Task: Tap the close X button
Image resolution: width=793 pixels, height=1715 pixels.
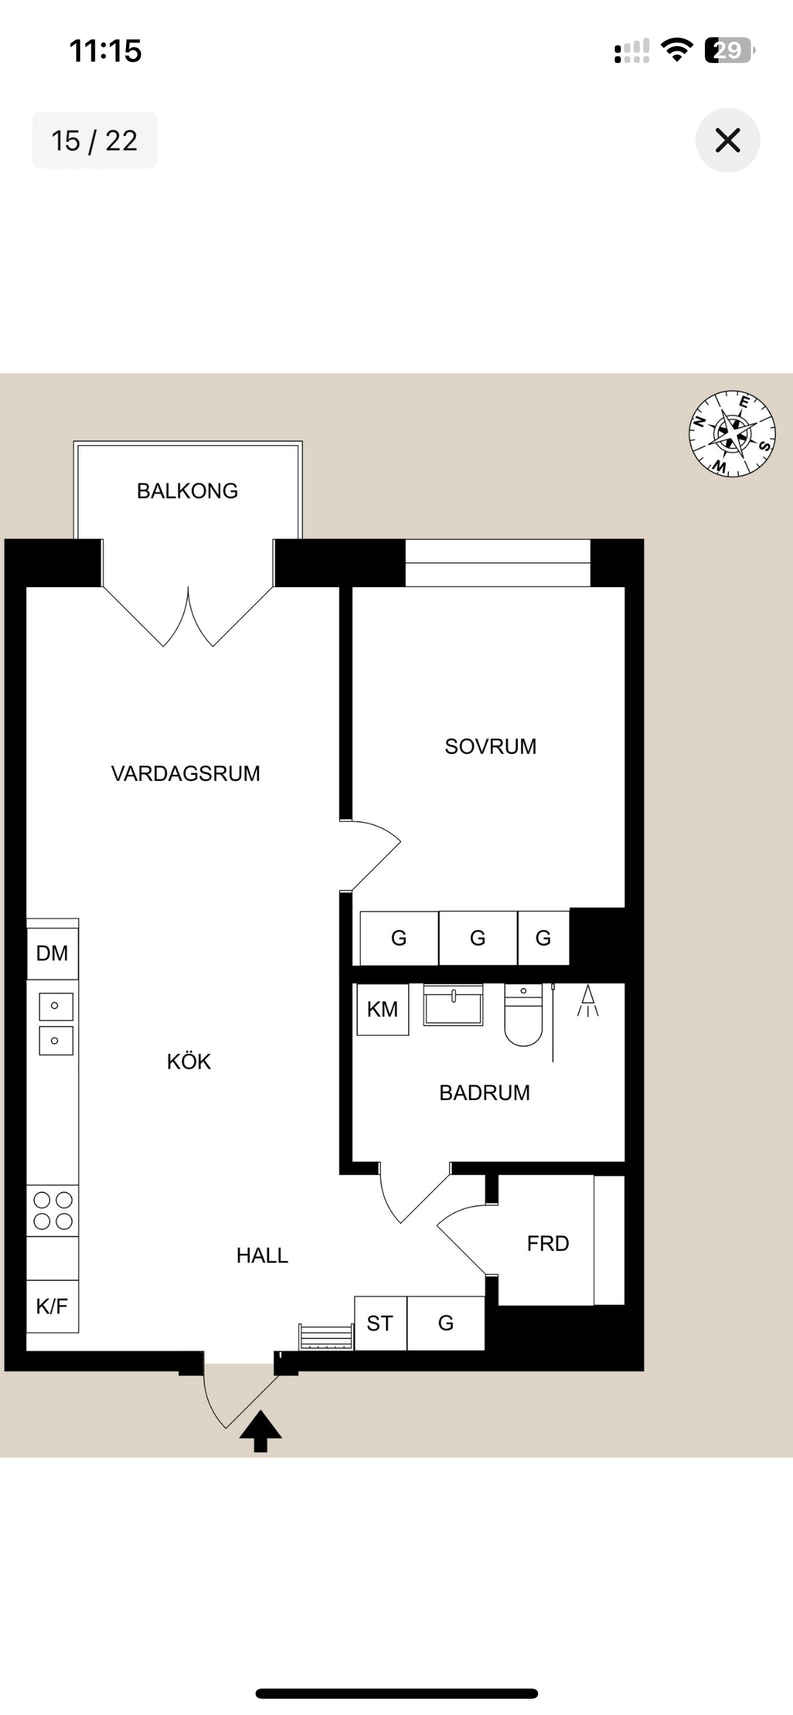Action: point(727,140)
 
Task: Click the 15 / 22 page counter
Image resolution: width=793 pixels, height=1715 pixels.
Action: point(95,140)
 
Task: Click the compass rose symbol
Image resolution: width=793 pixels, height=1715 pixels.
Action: point(732,433)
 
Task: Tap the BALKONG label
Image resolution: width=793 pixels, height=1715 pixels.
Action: point(187,491)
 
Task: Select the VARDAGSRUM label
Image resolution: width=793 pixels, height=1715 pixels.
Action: point(186,774)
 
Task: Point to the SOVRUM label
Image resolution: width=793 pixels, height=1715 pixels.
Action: point(491,746)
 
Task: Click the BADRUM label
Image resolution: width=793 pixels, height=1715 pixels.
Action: point(485,1093)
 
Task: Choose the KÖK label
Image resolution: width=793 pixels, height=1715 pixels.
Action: point(189,1061)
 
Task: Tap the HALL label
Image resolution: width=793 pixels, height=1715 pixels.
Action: point(262,1256)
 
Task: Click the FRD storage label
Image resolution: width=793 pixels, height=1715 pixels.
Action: point(548,1244)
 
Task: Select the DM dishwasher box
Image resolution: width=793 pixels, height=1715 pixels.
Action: point(53,953)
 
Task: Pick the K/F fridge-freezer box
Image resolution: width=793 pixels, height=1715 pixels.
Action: point(53,1307)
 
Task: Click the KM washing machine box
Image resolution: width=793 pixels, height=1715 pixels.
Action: point(383,1009)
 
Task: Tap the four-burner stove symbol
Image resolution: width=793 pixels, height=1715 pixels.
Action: point(53,1210)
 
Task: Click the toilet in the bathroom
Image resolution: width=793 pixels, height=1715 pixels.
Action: point(523,1015)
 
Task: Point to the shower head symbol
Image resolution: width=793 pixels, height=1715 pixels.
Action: point(588,1001)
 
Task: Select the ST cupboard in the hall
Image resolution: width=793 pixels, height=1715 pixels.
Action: point(380,1324)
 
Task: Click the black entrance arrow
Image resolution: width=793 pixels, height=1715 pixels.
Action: point(260,1431)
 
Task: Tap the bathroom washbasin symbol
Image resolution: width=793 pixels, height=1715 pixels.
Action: point(453,1005)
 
